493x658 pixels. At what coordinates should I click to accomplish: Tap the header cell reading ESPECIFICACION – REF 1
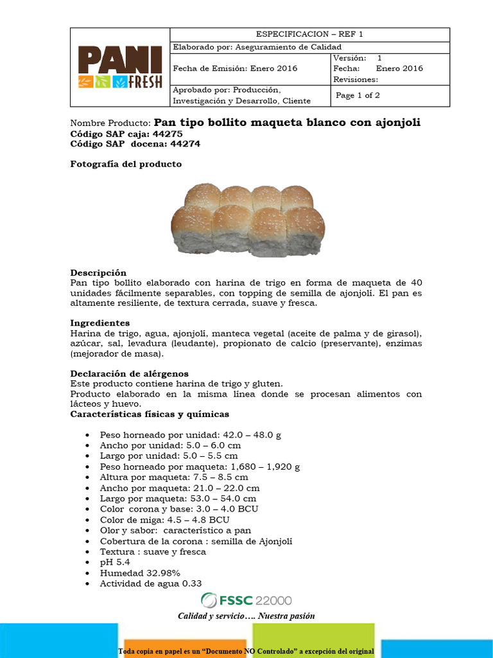[x=309, y=35]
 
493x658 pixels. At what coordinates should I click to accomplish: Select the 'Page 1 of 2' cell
[x=358, y=95]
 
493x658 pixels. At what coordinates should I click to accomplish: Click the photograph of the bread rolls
[x=248, y=220]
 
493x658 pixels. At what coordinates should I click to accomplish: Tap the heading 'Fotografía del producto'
[x=126, y=164]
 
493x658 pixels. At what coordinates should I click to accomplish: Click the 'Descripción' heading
[x=98, y=272]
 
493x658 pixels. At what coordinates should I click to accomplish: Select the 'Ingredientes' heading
[x=100, y=323]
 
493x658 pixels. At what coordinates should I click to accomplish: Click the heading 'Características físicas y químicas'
[x=149, y=414]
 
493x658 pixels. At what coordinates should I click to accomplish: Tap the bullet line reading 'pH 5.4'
[x=115, y=562]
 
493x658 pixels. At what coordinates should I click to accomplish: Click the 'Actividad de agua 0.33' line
[x=151, y=583]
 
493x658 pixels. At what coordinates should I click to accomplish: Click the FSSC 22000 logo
[x=246, y=600]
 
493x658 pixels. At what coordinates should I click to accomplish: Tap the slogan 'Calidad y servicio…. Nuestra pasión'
[x=246, y=616]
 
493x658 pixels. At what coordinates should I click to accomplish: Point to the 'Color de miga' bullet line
[x=164, y=520]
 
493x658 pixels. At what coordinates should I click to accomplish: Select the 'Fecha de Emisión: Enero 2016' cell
[x=235, y=68]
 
